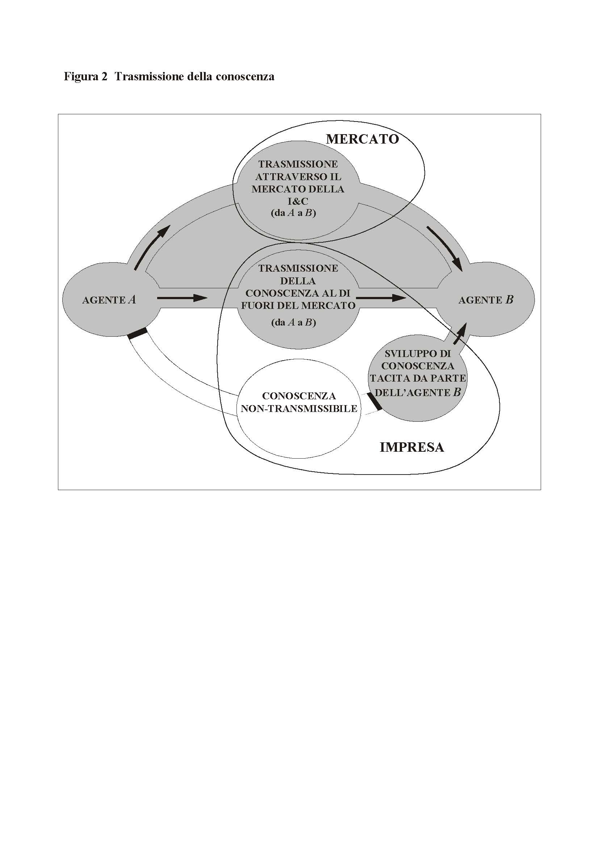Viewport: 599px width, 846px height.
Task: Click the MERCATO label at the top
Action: point(362,139)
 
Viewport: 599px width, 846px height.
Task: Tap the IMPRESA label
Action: point(412,447)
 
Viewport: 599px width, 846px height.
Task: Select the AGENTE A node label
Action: point(109,300)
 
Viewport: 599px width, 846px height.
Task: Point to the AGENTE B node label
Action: point(486,300)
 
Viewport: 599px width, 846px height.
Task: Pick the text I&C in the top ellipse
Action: point(298,201)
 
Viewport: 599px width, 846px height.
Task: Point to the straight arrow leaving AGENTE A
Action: point(182,298)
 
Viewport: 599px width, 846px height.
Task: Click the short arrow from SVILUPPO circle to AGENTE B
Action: point(460,333)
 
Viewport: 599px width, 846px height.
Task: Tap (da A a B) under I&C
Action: point(293,213)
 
